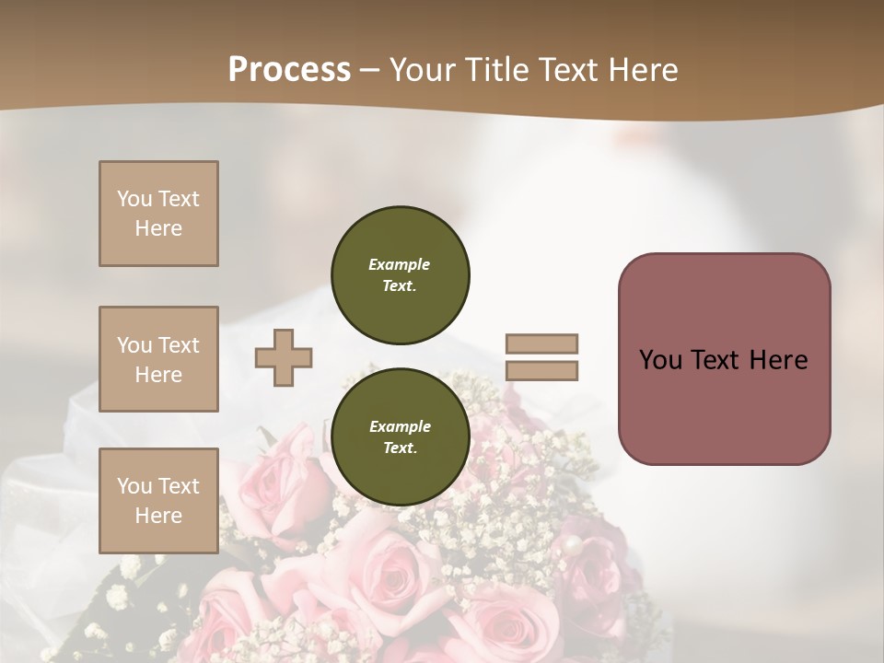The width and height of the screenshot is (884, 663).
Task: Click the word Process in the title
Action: pos(289,70)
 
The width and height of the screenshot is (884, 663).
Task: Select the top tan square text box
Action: pos(158,214)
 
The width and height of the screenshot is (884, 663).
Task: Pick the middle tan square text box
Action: pos(158,359)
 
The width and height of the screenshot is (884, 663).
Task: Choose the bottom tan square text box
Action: pos(158,501)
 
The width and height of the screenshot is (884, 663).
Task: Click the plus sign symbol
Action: pos(284,357)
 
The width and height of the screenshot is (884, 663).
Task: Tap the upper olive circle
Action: pos(401,275)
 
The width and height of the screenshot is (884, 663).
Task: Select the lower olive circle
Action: pos(401,437)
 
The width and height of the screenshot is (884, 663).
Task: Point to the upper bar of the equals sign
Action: pos(541,343)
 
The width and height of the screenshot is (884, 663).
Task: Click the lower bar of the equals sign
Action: pos(541,370)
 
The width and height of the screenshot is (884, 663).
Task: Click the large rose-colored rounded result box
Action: pos(724,405)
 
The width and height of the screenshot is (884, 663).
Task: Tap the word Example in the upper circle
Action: pos(400,264)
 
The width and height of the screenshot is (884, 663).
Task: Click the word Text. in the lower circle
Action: pos(400,448)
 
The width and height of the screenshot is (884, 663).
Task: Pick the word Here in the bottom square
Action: pos(158,516)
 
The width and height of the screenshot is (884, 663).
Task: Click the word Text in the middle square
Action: pos(179,345)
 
